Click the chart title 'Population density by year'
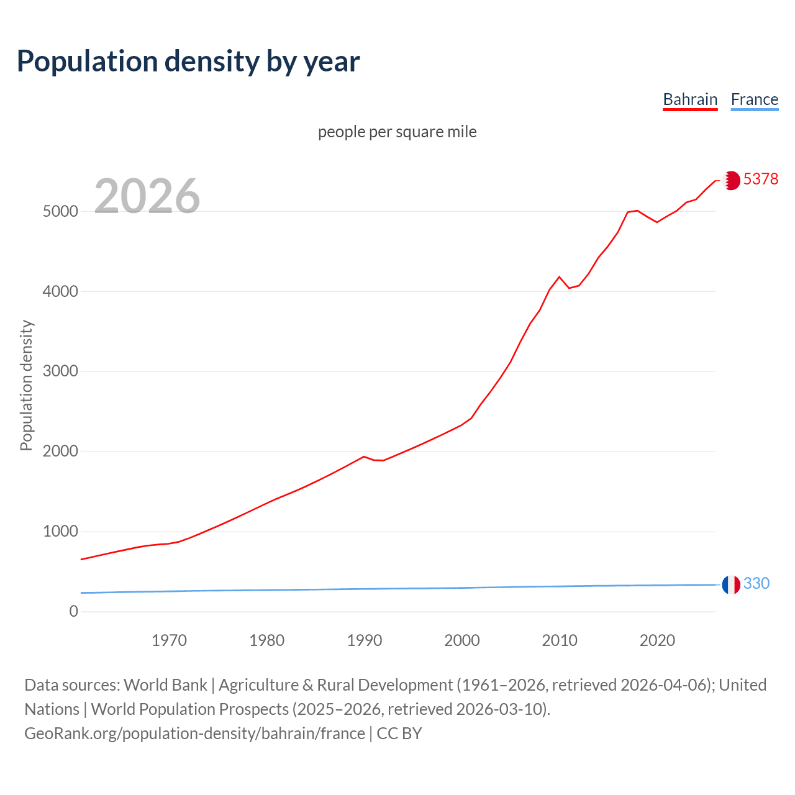coord(188,61)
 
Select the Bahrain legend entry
coord(690,99)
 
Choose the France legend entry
coord(754,99)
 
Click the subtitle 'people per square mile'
coord(397,132)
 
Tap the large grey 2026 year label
coord(147,196)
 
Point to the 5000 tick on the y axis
coord(60,211)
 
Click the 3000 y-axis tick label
coord(60,371)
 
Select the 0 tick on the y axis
coord(74,611)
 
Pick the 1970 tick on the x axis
coord(169,640)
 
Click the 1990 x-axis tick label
coord(365,640)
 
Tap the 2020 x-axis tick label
coord(657,640)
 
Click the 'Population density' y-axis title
coord(26,385)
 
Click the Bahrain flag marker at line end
coord(731,180)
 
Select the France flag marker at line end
coord(731,584)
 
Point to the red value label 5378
coord(760,179)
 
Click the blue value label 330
coord(756,583)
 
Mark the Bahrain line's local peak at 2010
coord(559,276)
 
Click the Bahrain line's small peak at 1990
coord(364,457)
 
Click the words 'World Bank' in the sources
coord(165,684)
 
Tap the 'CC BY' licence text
coord(399,733)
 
